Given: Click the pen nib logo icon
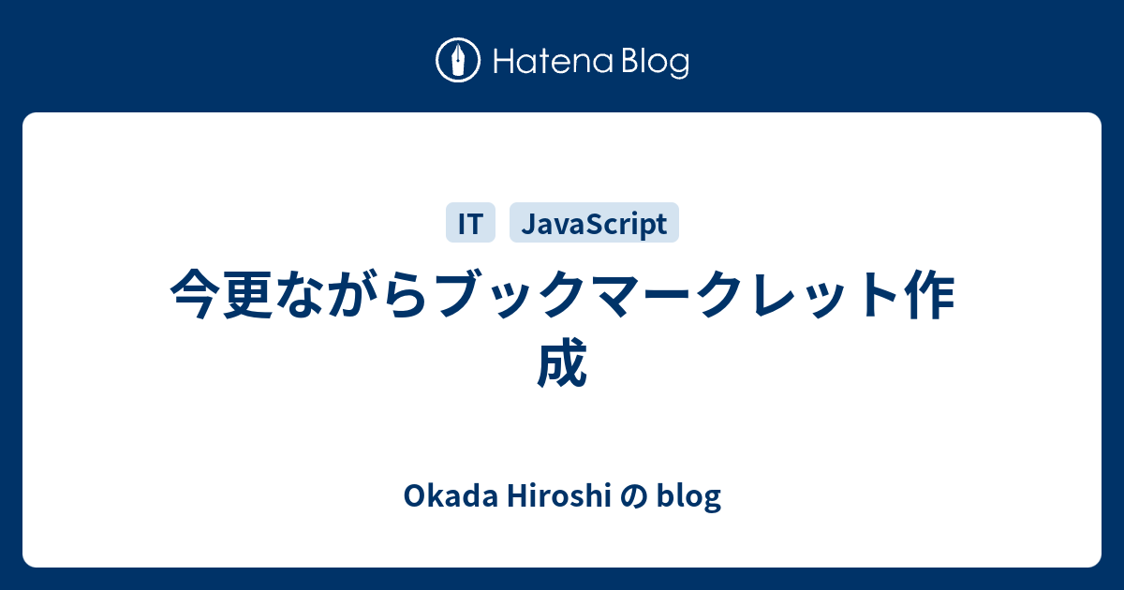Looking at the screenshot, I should click(458, 62).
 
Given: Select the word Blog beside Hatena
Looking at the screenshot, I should click(653, 63).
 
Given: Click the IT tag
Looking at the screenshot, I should click(470, 224).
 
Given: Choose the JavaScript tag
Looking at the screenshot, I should click(594, 224).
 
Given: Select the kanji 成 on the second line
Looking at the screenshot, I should click(562, 363).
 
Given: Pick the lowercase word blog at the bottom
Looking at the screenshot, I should click(689, 497).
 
